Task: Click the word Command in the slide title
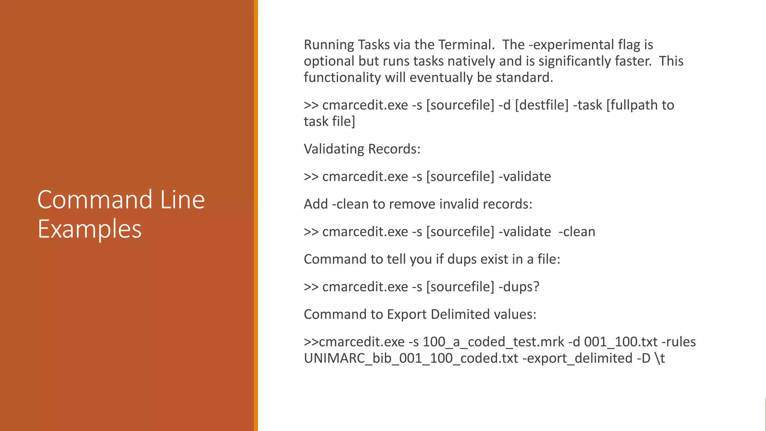click(95, 199)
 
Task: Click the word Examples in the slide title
click(89, 229)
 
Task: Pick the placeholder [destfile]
click(542, 105)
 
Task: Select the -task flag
click(587, 105)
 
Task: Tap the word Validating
click(334, 149)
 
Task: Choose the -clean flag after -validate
click(577, 232)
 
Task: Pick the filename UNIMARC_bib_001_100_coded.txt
click(411, 358)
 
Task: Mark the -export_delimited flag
click(577, 358)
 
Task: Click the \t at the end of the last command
click(659, 358)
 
